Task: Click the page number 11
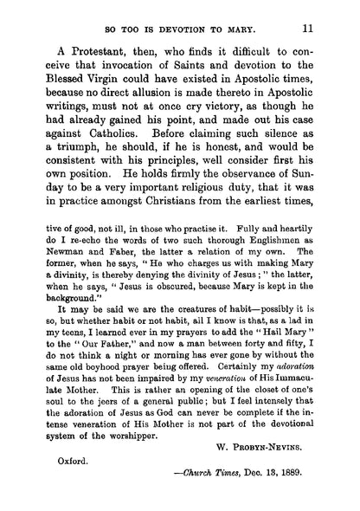(x=319, y=27)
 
